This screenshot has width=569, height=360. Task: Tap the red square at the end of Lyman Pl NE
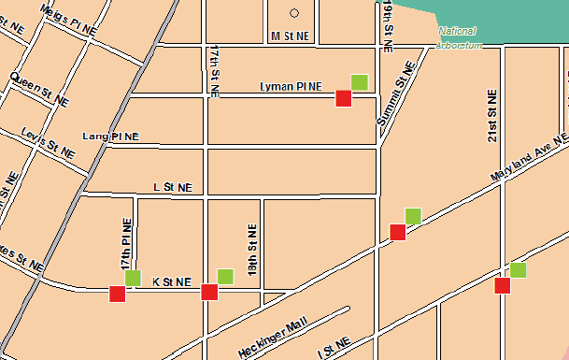coord(343,98)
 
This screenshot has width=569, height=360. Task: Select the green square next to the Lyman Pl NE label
coord(359,82)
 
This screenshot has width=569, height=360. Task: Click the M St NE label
coord(290,36)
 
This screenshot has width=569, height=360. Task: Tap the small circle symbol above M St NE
coord(294,13)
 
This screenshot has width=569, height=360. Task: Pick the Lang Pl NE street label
coord(110,137)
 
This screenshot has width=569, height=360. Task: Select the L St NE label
coord(173,187)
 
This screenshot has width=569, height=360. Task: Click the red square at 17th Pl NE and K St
coord(117,294)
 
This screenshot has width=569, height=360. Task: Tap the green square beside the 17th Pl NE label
coord(133,277)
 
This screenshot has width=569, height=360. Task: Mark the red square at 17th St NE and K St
coord(209,293)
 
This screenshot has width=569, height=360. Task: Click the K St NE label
coord(171,281)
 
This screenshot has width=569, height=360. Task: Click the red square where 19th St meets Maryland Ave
coord(397,232)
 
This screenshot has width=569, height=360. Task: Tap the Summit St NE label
coord(394,94)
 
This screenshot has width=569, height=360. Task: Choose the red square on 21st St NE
coord(502,286)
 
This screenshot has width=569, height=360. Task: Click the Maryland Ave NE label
coord(529,159)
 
